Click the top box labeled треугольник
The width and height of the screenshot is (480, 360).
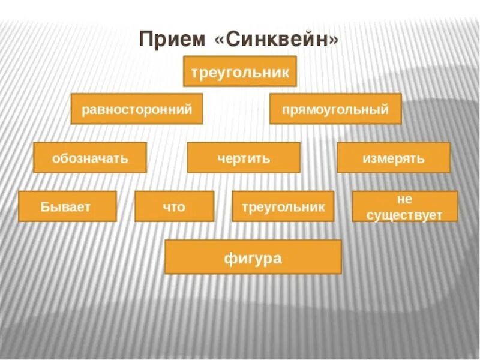pos(240,72)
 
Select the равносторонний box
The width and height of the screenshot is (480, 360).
pos(137,109)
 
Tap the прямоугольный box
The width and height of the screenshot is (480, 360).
pos(335,109)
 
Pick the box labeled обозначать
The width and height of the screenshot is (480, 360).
pos(90,158)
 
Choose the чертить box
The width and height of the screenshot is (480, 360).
pos(244,158)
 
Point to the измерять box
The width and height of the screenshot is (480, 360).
pos(394,158)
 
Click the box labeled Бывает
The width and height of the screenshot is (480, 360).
pos(67,206)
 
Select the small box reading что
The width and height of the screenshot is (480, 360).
pos(174,206)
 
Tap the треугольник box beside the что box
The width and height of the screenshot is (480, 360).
pos(283,206)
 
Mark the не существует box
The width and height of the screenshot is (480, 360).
pos(404,206)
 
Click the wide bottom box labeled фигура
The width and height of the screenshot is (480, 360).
pos(253,257)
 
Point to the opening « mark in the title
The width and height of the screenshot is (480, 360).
pos(218,41)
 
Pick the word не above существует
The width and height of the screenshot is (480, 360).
pos(404,200)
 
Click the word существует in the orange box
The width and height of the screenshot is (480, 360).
pos(404,214)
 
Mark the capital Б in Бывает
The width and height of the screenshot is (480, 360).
pos(46,207)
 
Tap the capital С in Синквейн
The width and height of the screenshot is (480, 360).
pos(232,40)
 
